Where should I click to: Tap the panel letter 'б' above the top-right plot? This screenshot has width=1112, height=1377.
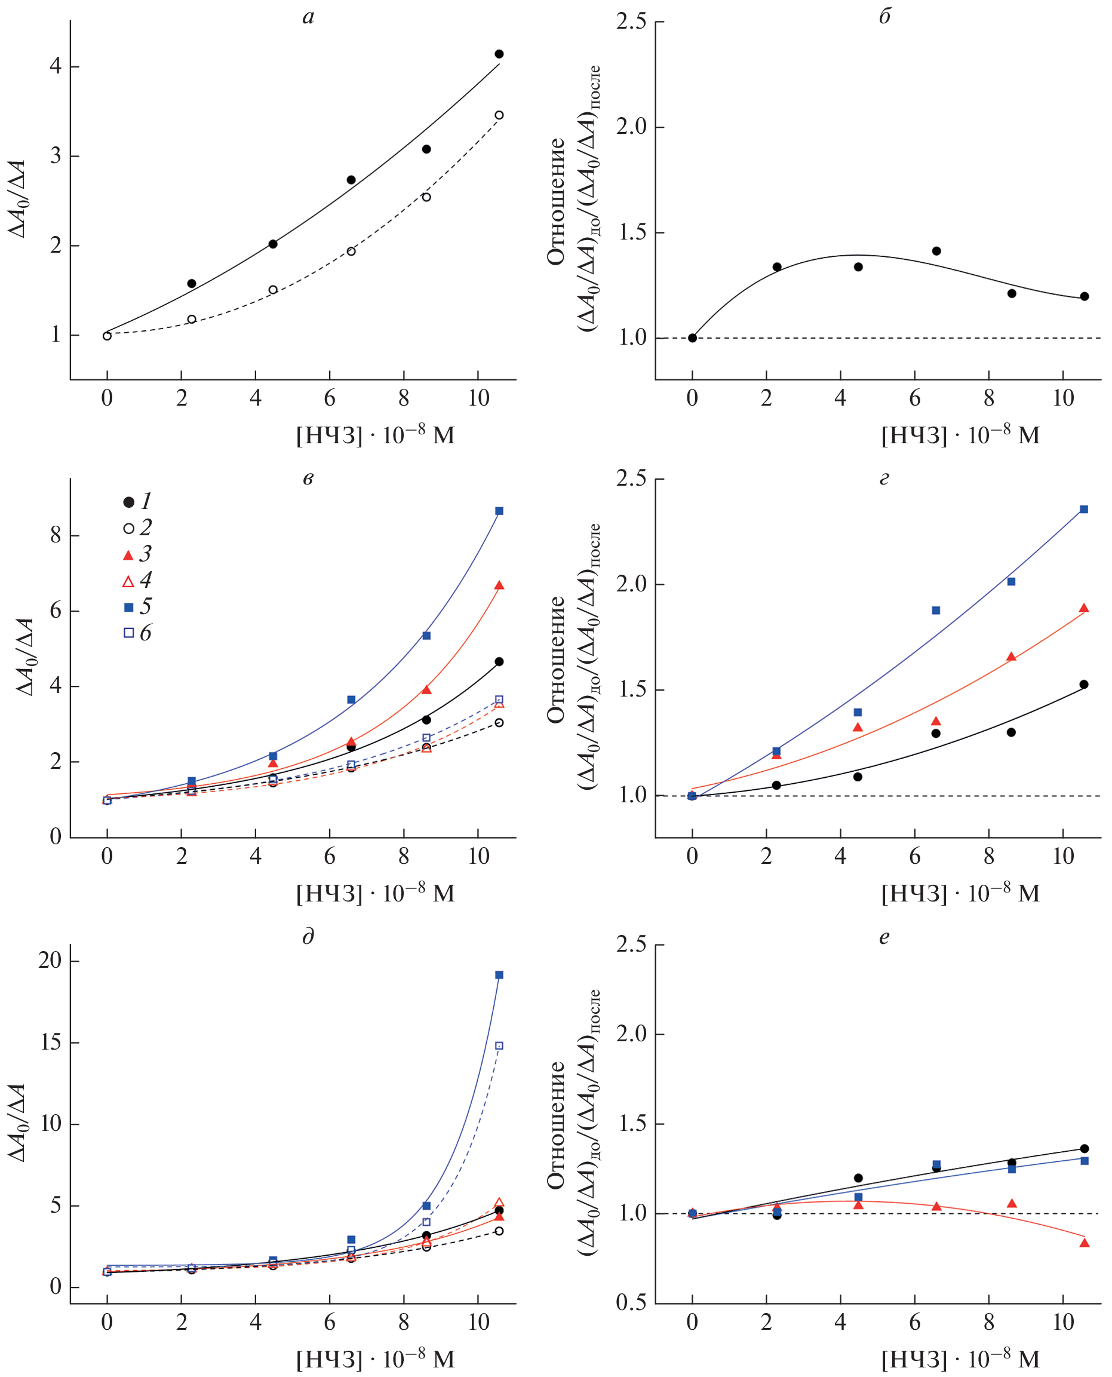[884, 16]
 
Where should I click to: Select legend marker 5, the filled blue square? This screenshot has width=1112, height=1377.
[129, 607]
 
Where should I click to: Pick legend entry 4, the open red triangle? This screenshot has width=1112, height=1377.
[129, 581]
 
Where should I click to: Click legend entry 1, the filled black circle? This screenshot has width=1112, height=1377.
[129, 502]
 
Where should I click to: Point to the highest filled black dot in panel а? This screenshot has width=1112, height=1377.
[499, 54]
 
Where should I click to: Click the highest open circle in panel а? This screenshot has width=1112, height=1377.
[499, 115]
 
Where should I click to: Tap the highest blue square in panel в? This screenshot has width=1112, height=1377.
[499, 511]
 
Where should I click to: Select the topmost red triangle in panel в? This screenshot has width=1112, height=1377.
[499, 585]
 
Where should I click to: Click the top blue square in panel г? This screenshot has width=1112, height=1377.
[1084, 510]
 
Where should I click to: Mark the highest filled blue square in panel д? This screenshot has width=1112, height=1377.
[499, 975]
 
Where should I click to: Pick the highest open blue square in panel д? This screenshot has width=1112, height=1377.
[499, 1045]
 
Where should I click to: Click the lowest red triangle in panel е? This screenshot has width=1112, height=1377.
[1085, 1243]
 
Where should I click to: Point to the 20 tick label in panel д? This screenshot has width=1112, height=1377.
[50, 961]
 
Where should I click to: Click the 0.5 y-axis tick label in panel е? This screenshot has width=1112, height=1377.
[631, 1304]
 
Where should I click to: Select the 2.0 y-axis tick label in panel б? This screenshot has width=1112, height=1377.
[631, 127]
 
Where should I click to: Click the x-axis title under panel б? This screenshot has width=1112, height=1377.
[960, 435]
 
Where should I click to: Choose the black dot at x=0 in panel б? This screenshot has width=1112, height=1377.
[692, 338]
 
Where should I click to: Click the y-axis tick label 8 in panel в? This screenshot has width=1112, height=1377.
[56, 535]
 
